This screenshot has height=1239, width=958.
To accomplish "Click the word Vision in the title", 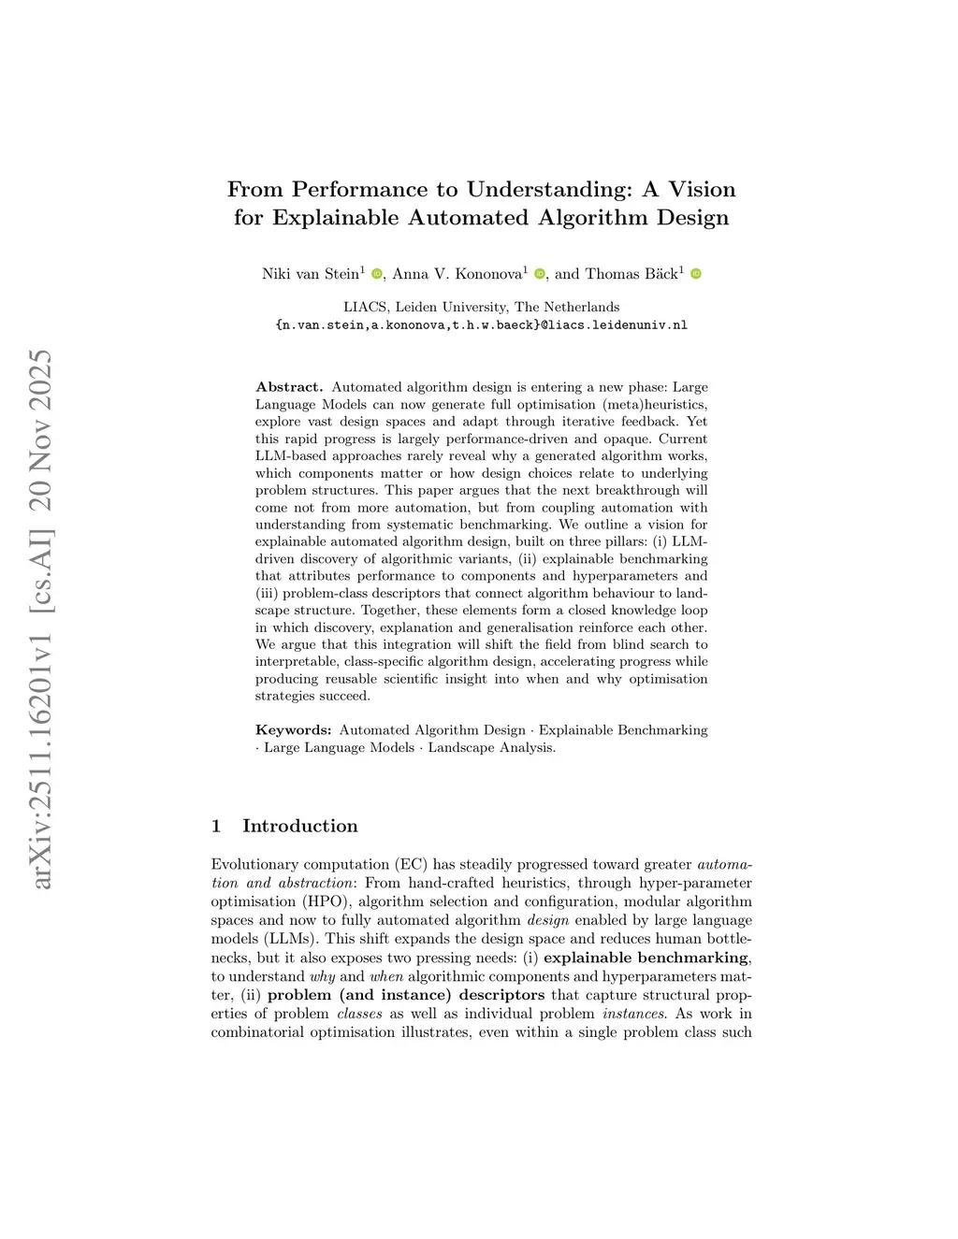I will click(702, 190).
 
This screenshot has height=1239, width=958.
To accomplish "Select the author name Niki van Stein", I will click(310, 274).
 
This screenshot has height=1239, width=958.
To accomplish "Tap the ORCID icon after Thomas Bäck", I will click(696, 274).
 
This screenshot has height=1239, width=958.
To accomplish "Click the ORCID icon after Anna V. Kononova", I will click(540, 274).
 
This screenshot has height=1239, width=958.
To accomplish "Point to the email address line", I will click(482, 325).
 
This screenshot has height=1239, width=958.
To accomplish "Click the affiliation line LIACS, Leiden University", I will click(482, 307).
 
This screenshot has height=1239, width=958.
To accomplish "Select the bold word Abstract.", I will click(289, 387).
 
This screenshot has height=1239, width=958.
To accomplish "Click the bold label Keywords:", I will click(293, 730).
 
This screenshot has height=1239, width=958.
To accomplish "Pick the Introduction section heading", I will click(299, 826).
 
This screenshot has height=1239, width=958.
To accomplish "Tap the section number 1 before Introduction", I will click(216, 826).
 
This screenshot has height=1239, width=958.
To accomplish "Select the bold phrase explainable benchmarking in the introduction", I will click(646, 958).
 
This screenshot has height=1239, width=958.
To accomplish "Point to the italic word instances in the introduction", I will click(633, 1014).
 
